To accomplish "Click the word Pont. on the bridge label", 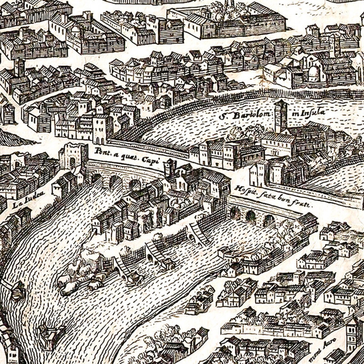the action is click(102, 151).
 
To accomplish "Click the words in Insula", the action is click(308, 112).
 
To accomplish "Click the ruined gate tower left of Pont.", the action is click(73, 156).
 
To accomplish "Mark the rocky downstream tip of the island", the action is click(77, 278).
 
